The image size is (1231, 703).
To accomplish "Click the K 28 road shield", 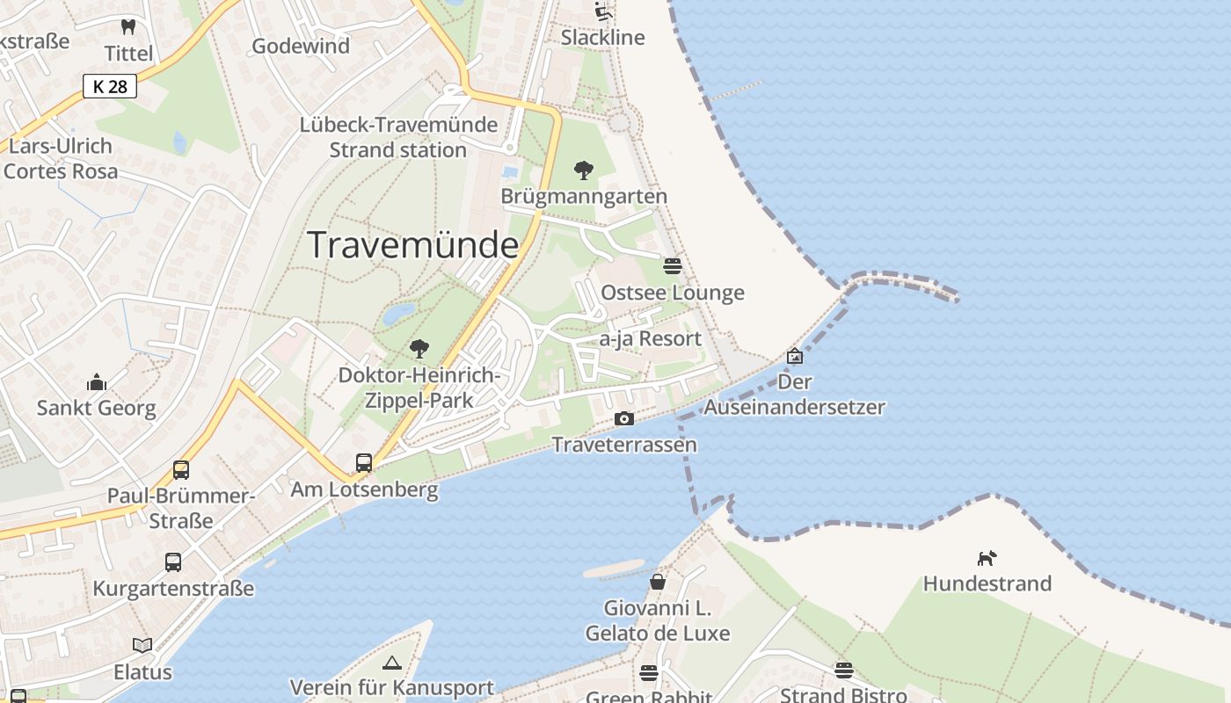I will click(110, 85).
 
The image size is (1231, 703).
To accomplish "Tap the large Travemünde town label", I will click(412, 244).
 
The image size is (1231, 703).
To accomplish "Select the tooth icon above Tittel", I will click(128, 27).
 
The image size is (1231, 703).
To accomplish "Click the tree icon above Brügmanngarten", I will click(583, 170).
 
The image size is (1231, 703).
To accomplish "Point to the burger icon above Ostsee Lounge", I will click(673, 266).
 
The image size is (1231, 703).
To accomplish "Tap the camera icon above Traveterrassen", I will click(624, 418).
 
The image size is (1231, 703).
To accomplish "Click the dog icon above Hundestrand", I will click(987, 558).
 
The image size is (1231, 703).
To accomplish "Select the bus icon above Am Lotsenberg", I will click(364, 462).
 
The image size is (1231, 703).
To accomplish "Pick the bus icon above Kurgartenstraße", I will click(173, 562).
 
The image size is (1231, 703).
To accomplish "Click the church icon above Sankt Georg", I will click(97, 382).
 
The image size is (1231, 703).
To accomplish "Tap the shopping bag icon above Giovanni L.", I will click(658, 581).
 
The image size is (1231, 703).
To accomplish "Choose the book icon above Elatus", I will click(142, 646).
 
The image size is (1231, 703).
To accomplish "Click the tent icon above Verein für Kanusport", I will click(392, 663).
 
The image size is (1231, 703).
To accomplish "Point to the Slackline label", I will click(602, 38).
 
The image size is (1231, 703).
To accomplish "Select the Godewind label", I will click(301, 46).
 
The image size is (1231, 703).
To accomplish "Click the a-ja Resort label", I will click(650, 338).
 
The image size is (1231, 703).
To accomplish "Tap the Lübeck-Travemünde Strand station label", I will click(397, 137).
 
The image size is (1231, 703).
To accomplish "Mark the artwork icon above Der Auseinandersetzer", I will click(795, 356).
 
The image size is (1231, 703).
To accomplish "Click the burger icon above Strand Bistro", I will click(844, 670).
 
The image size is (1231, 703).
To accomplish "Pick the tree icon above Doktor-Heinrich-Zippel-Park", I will click(419, 349).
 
